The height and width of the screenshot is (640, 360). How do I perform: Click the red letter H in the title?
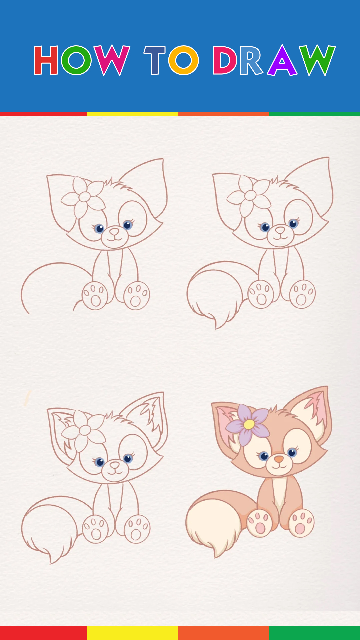point(46,60)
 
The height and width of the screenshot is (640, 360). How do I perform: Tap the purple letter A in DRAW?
point(282,60)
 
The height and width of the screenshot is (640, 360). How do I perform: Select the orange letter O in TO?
point(184,60)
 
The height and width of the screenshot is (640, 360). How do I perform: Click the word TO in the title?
point(171,60)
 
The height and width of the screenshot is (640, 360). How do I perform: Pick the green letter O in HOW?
point(76,60)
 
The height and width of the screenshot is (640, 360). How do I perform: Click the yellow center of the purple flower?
point(249,424)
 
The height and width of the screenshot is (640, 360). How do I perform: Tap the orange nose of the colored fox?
point(279,459)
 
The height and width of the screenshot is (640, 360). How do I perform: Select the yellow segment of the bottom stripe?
point(132,633)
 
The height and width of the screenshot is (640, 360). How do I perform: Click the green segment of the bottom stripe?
point(314,633)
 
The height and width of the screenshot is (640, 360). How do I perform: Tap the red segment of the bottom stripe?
point(43,633)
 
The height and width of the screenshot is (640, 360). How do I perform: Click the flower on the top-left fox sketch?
point(83,197)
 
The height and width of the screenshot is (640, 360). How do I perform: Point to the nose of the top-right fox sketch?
point(280,230)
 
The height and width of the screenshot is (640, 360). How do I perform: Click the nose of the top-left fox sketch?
point(114,231)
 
